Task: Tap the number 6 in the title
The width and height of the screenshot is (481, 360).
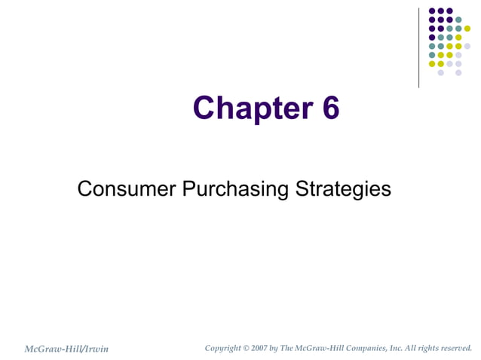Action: (x=331, y=108)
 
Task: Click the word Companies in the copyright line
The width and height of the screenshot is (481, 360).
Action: (x=361, y=348)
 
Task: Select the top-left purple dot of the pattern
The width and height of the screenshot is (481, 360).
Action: (x=432, y=11)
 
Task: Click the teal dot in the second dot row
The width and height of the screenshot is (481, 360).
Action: (x=458, y=20)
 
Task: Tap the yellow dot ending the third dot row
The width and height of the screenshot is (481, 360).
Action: (x=467, y=29)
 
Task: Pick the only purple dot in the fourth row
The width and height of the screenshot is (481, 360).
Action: (x=432, y=37)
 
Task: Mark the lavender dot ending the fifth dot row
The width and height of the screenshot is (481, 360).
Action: (x=467, y=46)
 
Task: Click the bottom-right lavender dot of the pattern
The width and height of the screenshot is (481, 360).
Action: (x=458, y=73)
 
